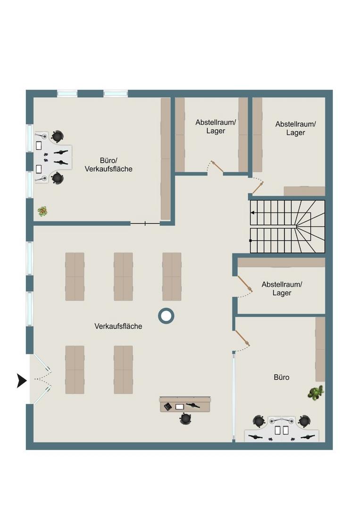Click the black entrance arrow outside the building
(x=22, y=381)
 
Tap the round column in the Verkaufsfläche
(x=166, y=315)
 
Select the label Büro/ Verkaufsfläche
(x=109, y=165)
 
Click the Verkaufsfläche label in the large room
(x=118, y=326)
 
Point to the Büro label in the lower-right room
(x=281, y=377)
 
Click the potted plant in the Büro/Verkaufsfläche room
(x=42, y=212)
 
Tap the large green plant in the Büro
(x=316, y=392)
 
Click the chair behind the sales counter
(x=185, y=418)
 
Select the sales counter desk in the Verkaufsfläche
(x=185, y=404)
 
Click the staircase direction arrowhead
(x=252, y=212)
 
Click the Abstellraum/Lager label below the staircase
(x=282, y=289)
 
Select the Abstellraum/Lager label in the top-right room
(x=295, y=128)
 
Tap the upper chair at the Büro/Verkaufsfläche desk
(x=57, y=136)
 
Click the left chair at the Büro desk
(x=260, y=421)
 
